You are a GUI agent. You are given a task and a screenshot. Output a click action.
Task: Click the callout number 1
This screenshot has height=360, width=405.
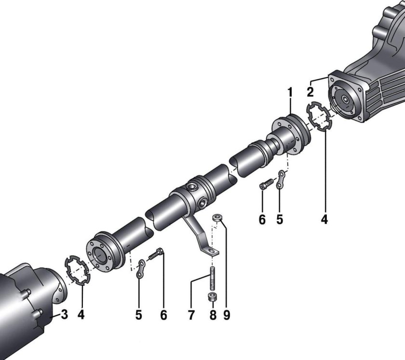tap(290, 92)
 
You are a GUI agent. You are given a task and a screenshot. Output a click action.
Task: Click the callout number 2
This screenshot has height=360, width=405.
tap(310, 92)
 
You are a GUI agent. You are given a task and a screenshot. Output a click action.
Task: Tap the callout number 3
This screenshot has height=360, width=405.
tap(64, 314)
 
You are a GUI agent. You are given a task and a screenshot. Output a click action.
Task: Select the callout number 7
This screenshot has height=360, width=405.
tap(191, 315)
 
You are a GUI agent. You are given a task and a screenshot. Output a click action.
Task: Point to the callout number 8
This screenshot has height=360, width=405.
tap(213, 315)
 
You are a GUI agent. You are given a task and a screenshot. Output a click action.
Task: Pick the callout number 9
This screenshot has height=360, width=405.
tap(227, 315)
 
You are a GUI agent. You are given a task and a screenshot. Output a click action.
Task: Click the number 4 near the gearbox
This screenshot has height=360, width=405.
tap(81, 315)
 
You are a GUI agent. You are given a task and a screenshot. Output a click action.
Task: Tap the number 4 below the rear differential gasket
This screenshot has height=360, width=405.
tap(324, 220)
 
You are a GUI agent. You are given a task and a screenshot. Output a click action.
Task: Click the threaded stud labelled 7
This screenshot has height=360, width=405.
tap(213, 279)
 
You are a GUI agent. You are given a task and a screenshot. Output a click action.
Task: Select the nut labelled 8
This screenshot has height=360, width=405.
tap(212, 297)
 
